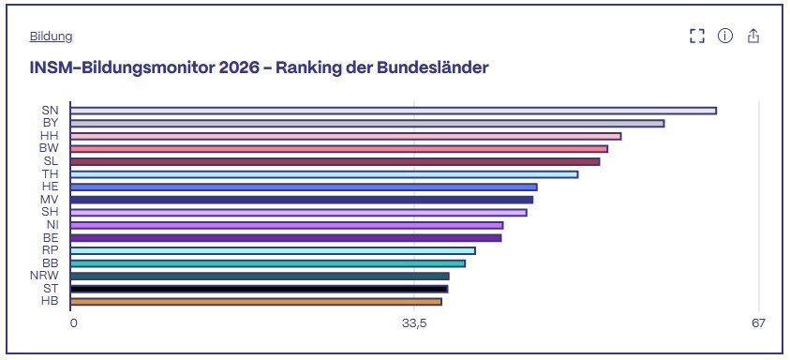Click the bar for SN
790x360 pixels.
coord(394,111)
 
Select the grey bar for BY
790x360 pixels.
coord(367,124)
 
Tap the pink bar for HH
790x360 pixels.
coord(346,136)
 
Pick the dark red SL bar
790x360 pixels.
coord(335,161)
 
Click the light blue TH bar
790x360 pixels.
coord(324,174)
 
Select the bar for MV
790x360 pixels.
coord(302,200)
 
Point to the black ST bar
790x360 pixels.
coord(259,289)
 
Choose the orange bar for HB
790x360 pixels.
coord(256,302)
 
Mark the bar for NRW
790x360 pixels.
coord(260,277)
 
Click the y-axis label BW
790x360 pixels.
coord(49,148)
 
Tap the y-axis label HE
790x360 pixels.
coord(51,187)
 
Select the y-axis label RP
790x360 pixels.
coord(51,250)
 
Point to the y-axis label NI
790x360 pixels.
coord(52,225)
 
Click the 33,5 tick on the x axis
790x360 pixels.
coord(414,323)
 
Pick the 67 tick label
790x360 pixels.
coord(759,323)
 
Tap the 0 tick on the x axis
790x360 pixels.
coord(73,323)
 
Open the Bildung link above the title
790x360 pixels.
coord(51,37)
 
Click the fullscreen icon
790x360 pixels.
coord(697,36)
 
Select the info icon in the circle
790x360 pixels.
coord(725,36)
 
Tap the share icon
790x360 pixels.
coord(753,36)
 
